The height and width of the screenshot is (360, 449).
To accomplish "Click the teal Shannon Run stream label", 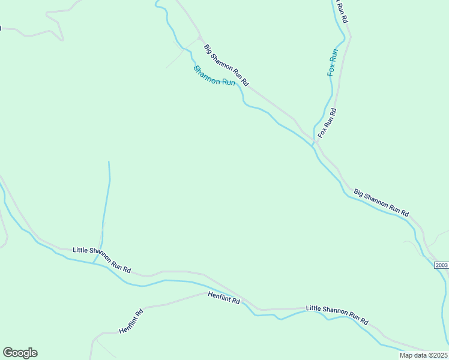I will (214, 76).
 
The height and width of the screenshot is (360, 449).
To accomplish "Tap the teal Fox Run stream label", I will (333, 62).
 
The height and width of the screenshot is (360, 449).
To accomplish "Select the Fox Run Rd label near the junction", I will (328, 123).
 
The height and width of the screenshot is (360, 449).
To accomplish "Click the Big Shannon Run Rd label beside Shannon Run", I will (226, 65).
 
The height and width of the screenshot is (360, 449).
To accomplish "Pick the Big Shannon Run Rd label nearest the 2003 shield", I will (381, 203).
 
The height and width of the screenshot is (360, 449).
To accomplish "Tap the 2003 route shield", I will (441, 265).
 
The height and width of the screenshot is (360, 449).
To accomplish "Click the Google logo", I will (20, 353).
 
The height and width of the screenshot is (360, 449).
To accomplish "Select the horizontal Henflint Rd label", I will (224, 298).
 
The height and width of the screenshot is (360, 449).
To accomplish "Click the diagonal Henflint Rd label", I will (131, 322).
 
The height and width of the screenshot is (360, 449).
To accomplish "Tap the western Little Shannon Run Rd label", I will (101, 259).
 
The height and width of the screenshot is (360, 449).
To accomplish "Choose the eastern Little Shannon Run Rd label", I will (337, 315).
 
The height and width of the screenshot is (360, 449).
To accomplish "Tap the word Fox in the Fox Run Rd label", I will (322, 132).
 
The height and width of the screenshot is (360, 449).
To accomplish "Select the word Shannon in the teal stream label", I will (206, 73).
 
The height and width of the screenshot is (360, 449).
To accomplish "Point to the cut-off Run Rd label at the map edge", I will (342, 11).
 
